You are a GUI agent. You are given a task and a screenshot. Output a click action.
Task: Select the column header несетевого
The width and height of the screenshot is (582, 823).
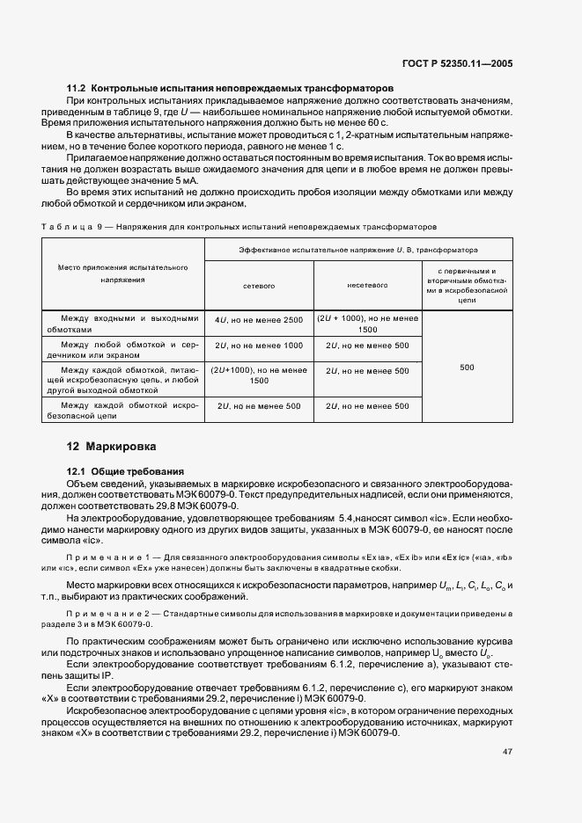click(368, 286)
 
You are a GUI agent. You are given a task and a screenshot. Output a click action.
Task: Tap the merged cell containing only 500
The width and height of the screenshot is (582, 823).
click(467, 368)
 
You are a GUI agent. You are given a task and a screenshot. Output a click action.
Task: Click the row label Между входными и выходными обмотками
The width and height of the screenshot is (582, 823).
click(123, 324)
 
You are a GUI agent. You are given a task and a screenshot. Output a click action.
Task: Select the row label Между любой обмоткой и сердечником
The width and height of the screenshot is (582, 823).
click(123, 351)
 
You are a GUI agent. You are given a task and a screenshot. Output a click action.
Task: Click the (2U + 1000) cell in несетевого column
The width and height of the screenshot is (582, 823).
click(368, 324)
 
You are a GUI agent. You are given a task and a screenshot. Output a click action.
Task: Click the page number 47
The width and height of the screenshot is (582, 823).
click(507, 752)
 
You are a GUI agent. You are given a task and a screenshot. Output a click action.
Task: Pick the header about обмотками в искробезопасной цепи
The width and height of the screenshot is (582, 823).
click(467, 286)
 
